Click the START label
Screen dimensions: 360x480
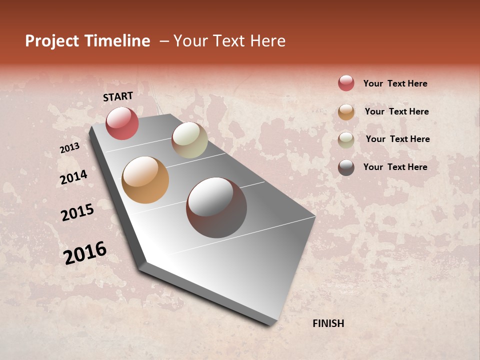[x=118, y=96]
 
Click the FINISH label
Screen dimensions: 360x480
[x=328, y=323]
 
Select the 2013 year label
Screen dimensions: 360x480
[x=69, y=148]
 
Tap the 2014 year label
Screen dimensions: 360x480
[x=74, y=177]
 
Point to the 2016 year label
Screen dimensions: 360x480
[x=85, y=253]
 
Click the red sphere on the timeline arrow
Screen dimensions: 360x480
[x=122, y=123]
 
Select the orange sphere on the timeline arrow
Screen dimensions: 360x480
[x=145, y=180]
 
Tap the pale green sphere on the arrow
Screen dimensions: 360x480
[x=189, y=140]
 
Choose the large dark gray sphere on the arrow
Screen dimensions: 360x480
[x=216, y=207]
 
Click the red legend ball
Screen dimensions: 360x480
[x=346, y=83]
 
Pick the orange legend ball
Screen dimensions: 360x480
[x=346, y=112]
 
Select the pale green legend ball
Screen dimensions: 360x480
[x=346, y=140]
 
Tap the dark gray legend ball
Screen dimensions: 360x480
[x=346, y=167]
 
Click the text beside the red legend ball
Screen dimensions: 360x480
[x=395, y=83]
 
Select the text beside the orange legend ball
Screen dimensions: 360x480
[x=396, y=111]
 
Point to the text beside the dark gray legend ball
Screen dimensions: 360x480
[x=395, y=167]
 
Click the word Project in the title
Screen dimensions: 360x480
[x=52, y=41]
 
